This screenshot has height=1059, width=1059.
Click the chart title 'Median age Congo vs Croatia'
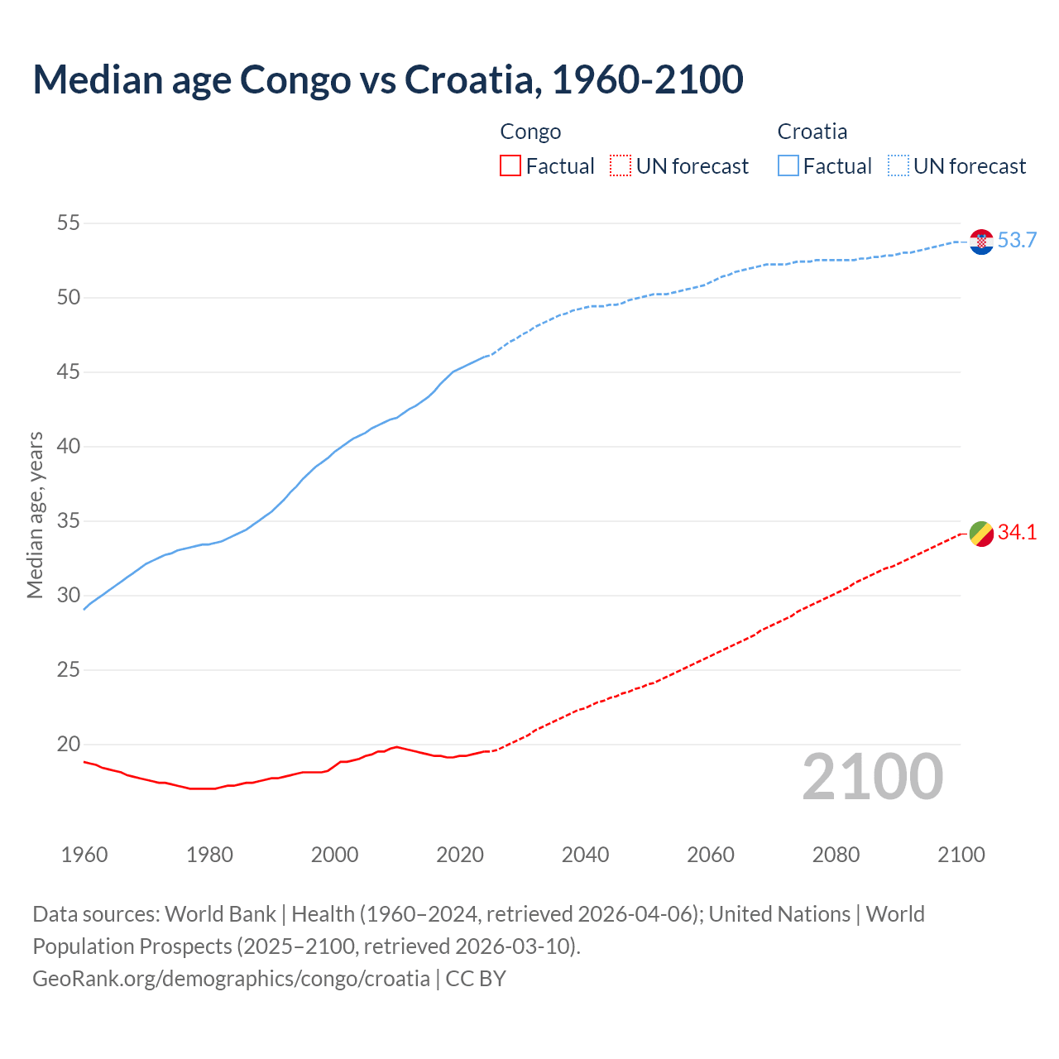(x=387, y=79)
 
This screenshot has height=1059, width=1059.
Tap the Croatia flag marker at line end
(x=981, y=242)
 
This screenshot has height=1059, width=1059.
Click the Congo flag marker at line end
(x=981, y=534)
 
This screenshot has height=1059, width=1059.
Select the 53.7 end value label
(x=1017, y=241)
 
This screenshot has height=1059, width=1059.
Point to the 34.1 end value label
(x=1017, y=533)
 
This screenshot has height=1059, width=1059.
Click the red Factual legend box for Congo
(x=510, y=166)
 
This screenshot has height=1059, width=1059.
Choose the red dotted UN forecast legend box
(x=621, y=166)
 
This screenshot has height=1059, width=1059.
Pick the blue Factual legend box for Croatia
(x=788, y=166)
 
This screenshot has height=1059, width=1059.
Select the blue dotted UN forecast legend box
(x=898, y=166)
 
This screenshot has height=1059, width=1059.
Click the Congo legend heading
(x=530, y=132)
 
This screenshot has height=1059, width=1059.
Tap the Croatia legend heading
(x=812, y=132)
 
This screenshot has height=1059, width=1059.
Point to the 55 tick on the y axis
(x=69, y=223)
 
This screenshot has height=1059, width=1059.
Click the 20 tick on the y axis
(x=69, y=745)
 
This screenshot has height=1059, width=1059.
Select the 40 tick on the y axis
(x=69, y=447)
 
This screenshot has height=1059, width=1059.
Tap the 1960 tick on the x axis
(x=84, y=855)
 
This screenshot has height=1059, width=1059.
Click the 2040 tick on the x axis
(x=585, y=855)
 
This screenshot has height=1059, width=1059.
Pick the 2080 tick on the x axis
(x=836, y=855)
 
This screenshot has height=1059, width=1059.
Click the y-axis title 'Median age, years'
(x=35, y=515)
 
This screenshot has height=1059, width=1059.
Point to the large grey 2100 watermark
(x=872, y=777)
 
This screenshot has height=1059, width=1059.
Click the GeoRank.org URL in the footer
(x=231, y=979)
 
